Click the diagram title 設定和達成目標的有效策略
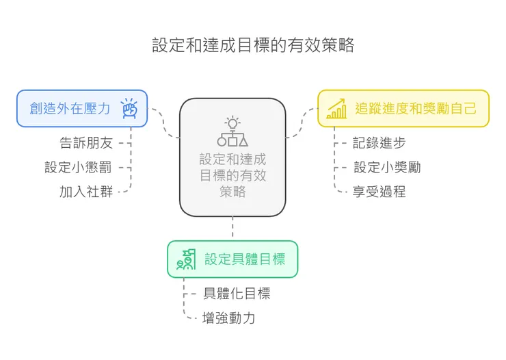(253, 46)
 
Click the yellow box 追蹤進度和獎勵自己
(403, 108)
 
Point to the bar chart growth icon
(336, 108)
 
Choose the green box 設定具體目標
(232, 259)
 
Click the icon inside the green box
(186, 259)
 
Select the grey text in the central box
(232, 175)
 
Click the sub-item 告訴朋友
(86, 143)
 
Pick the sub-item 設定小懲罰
(78, 167)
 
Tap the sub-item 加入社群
(86, 191)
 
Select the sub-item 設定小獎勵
(387, 167)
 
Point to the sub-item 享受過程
(379, 191)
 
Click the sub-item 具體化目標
(237, 294)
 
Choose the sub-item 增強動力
(229, 318)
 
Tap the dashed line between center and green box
(232, 228)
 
